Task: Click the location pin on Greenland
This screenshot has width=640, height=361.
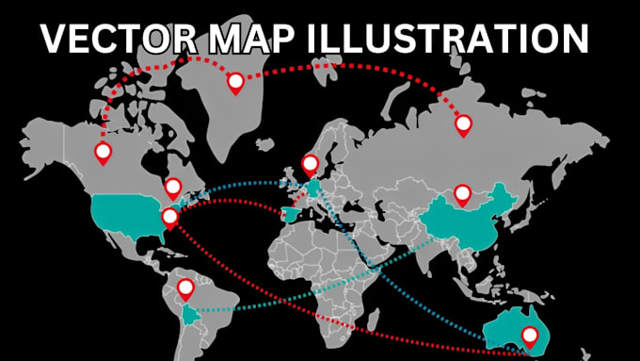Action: tap(235, 82)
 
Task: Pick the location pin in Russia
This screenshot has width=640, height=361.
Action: tap(463, 123)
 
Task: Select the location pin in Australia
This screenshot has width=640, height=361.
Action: tap(530, 335)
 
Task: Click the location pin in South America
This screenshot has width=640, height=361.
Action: tap(185, 287)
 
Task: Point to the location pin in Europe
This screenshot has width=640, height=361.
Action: tap(310, 164)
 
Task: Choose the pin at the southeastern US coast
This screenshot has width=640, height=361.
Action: tap(169, 218)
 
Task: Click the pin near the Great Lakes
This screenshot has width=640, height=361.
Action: tap(173, 187)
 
